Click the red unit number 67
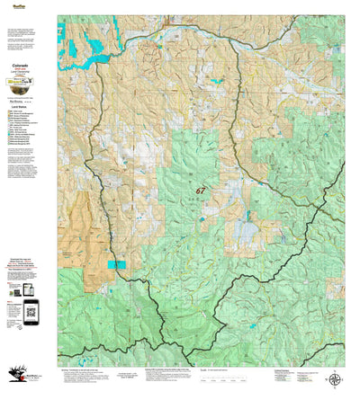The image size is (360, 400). pyautogui.click(x=200, y=191)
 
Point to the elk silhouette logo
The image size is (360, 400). pyautogui.click(x=16, y=381)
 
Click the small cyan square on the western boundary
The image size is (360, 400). pyautogui.click(x=116, y=264)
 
